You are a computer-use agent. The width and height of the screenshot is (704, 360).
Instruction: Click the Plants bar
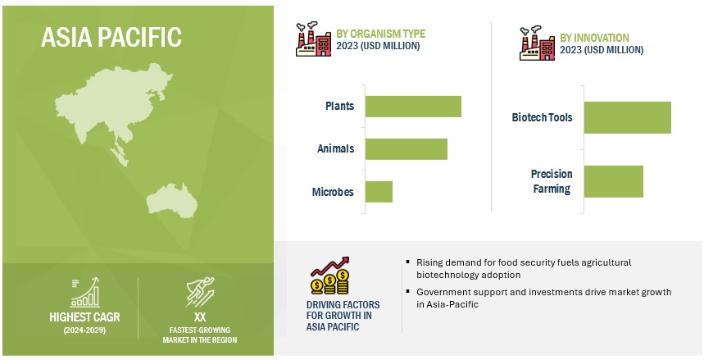point(413,107)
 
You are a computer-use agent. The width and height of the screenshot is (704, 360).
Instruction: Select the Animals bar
point(407,148)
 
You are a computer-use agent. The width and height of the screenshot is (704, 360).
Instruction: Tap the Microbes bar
point(379,191)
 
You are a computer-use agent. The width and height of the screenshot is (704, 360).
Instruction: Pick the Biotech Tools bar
point(628,117)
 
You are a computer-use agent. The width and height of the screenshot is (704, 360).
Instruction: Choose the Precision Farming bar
point(614,181)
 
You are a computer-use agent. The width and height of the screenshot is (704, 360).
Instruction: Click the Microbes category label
point(333,192)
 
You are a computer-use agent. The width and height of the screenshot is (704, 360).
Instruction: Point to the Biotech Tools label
point(542,118)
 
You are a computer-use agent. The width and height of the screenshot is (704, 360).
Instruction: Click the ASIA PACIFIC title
point(111,37)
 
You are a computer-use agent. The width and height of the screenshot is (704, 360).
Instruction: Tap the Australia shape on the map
point(171,200)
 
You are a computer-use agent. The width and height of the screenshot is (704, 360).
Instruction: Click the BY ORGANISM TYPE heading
point(381,34)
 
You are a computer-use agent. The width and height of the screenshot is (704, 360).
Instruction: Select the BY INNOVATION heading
point(594,38)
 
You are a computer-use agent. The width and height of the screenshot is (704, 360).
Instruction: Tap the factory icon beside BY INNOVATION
point(537,43)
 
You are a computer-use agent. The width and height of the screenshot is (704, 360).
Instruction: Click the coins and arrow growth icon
point(330,276)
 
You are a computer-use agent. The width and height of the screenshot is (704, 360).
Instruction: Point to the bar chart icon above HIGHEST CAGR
point(85,293)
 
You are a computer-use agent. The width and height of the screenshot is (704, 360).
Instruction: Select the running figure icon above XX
point(200,292)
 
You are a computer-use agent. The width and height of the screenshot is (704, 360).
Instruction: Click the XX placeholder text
point(200,317)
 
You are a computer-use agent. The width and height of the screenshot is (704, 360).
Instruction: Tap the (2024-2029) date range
point(84,330)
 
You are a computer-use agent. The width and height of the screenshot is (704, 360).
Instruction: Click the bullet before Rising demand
point(407,262)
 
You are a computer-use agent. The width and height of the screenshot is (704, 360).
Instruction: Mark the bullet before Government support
point(407,291)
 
